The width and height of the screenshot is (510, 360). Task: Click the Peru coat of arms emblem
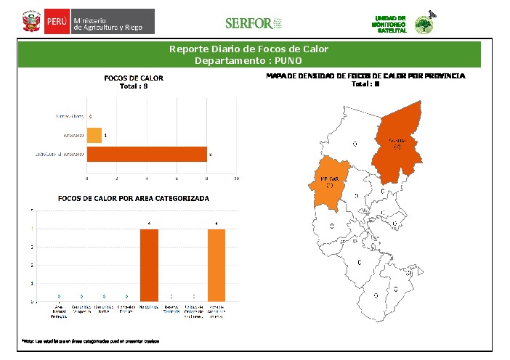[31, 22]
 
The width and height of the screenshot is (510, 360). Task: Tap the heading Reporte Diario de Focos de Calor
[248, 49]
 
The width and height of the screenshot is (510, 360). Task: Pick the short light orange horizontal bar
[94, 135]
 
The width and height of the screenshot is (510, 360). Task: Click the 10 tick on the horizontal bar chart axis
[236, 178]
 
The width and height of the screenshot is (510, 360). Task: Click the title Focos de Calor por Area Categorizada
[134, 198]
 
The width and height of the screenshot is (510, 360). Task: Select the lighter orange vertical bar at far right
[217, 264]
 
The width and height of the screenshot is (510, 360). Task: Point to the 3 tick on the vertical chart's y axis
[31, 247]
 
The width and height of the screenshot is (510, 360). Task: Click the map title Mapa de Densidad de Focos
[365, 75]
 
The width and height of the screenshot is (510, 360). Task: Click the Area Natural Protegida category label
[59, 311]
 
